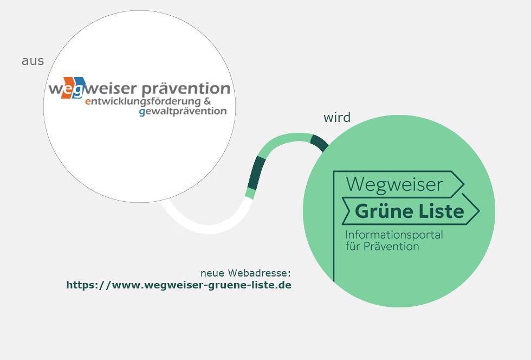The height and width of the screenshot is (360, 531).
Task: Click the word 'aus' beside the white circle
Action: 33,61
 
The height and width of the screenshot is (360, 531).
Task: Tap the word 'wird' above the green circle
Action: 336,118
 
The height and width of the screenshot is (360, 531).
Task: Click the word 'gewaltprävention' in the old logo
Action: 183,112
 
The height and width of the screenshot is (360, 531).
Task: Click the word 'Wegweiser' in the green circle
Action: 394,184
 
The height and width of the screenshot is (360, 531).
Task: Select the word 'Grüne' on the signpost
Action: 386,211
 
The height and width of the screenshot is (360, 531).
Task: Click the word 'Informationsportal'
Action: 394,235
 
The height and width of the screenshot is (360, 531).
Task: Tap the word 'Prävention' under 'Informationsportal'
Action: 392,246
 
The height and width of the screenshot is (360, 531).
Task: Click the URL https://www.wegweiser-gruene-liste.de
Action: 179,285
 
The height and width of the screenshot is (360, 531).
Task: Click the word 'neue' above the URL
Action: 213,273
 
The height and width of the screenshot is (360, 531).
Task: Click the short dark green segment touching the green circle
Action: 319,144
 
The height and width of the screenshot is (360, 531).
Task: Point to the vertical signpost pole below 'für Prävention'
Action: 333,266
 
